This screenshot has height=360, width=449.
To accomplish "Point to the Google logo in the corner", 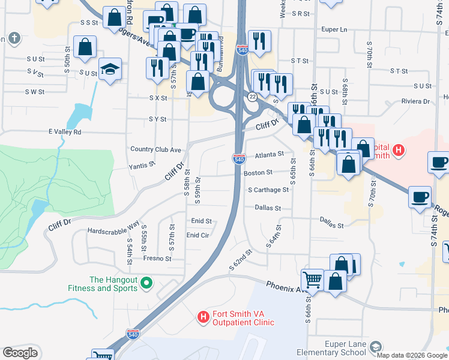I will coord(20,353).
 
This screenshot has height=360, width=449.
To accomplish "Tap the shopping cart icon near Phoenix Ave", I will coord(312,279).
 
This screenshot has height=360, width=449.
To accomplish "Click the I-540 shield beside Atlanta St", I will coord(239,158).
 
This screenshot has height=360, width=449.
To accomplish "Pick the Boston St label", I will coord(258,172).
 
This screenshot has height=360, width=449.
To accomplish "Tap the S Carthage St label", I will coord(268,190).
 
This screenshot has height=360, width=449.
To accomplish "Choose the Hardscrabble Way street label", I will coord(113,230).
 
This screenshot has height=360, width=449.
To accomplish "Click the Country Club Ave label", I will coord(155,149).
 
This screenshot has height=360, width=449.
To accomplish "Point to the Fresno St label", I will coord(157,259).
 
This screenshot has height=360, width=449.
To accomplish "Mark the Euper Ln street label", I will coord(335,29).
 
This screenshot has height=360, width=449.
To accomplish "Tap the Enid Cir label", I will coord(197,235).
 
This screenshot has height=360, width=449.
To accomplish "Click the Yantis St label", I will coord(142,163).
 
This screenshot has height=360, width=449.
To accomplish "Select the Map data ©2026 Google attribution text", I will coord(412,355).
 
